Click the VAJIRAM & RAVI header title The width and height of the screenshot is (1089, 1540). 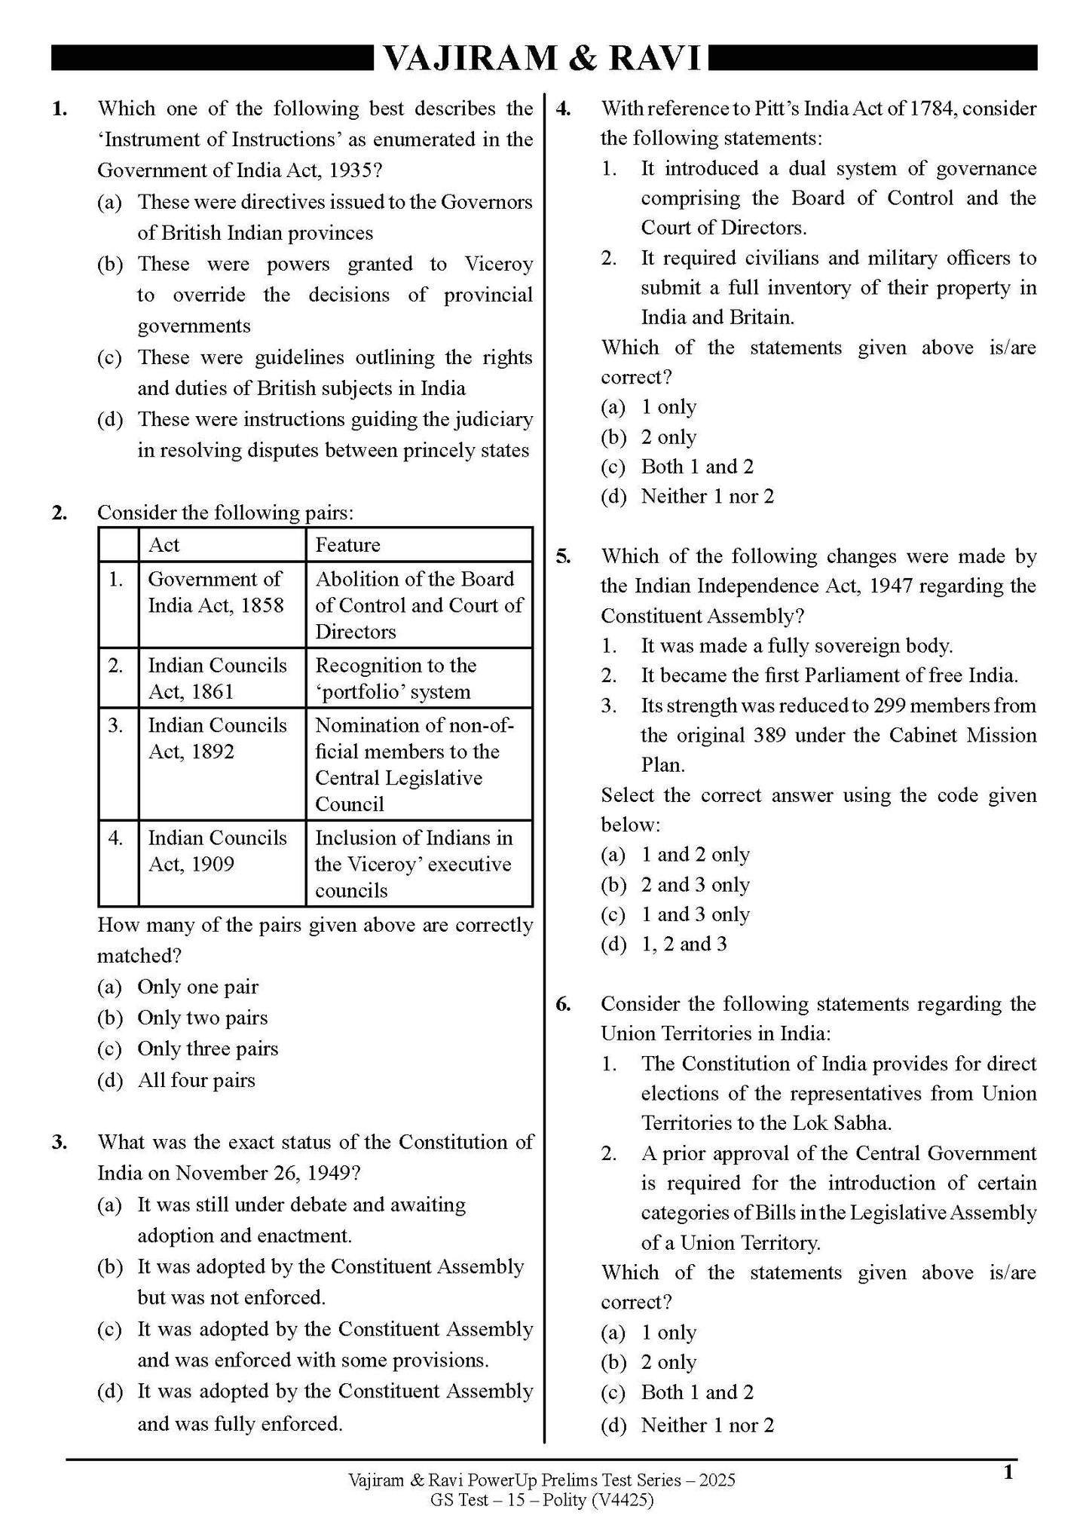click(x=543, y=58)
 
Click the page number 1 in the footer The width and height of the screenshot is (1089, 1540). click(x=1008, y=1471)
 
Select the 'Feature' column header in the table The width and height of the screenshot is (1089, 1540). click(x=347, y=545)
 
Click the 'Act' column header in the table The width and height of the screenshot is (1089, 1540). click(x=164, y=545)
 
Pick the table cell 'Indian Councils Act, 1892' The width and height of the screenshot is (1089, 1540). click(x=217, y=738)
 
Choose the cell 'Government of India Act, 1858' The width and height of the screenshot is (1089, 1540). click(x=216, y=592)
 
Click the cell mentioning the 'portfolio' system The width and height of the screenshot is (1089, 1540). click(x=395, y=678)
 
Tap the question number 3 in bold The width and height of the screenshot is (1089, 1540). click(x=60, y=1142)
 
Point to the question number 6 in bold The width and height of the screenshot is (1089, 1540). click(x=563, y=1004)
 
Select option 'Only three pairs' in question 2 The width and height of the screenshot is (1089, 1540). click(x=207, y=1049)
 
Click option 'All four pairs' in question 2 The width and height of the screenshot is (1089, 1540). click(x=196, y=1080)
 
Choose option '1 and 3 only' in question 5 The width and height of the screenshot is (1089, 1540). click(x=695, y=914)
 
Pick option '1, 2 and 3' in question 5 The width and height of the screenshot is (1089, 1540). click(x=684, y=945)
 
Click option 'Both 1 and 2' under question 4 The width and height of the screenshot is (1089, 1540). click(x=696, y=467)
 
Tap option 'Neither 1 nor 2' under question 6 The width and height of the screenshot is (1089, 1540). click(x=707, y=1425)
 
